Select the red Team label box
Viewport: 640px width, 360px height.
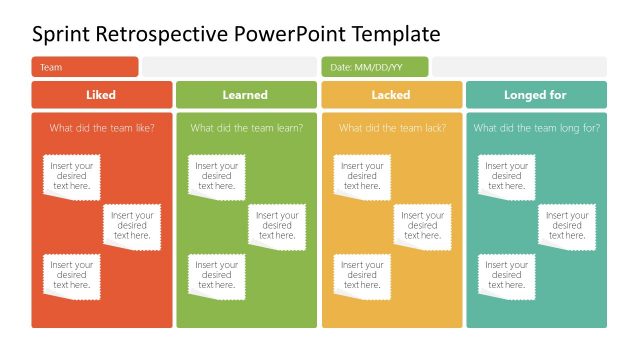click(x=85, y=67)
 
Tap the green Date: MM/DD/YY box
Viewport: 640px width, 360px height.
click(x=375, y=67)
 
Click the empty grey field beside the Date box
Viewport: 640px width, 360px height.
click(x=519, y=67)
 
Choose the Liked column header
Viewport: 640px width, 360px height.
click(x=101, y=95)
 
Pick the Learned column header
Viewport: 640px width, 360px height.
click(x=245, y=95)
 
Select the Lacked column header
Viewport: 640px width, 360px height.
click(x=391, y=95)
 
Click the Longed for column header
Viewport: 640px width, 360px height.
click(x=536, y=95)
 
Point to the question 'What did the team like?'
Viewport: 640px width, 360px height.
click(x=102, y=128)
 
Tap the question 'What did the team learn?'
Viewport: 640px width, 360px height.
click(x=246, y=128)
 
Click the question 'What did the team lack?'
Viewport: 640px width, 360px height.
click(x=391, y=128)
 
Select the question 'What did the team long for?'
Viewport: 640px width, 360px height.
click(x=536, y=128)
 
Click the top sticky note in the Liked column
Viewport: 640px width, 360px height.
click(x=72, y=176)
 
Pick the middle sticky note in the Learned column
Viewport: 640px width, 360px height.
click(x=277, y=226)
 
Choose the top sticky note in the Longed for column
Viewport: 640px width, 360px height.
click(x=507, y=176)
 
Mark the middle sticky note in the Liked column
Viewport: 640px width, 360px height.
click(x=132, y=226)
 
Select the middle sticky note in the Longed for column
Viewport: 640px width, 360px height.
click(x=567, y=226)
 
